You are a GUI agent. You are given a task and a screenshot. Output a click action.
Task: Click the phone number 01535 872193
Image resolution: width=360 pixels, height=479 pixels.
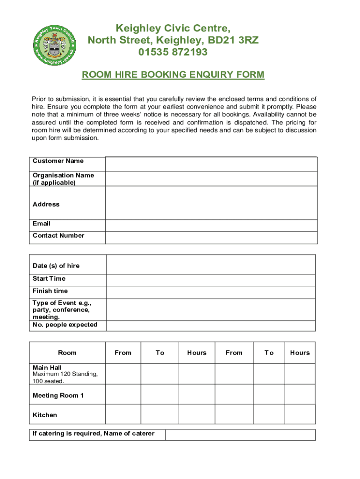(x=173, y=52)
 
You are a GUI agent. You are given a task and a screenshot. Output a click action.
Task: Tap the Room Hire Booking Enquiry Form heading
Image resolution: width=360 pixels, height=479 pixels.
(x=173, y=75)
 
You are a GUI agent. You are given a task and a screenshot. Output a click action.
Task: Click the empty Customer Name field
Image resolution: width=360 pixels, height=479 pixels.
(x=211, y=164)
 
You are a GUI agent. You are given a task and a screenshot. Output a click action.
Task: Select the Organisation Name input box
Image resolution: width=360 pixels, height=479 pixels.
(x=211, y=179)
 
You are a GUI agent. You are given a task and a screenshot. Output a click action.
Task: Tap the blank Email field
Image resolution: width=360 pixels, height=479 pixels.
(x=211, y=225)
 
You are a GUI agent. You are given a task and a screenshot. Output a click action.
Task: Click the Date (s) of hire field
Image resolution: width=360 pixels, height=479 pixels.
(x=211, y=265)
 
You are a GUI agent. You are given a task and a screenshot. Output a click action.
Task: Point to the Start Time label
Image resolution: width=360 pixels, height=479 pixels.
(x=49, y=279)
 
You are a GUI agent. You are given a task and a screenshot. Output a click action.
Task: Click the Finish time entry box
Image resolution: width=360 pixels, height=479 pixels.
(x=211, y=292)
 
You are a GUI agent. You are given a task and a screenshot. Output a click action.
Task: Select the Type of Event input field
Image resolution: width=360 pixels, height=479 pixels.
(x=211, y=309)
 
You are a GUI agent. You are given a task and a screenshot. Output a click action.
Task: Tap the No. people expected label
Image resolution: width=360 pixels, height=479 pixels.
(x=65, y=325)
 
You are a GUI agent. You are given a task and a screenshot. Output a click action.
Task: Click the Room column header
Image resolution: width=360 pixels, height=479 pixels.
(x=67, y=353)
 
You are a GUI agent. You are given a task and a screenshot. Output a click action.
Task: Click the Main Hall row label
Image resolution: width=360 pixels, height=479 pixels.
(x=47, y=368)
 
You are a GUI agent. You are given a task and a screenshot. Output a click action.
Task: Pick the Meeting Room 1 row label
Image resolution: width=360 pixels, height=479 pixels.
(x=58, y=396)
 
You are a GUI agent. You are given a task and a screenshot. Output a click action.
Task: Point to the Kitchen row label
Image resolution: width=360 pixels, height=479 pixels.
(x=45, y=415)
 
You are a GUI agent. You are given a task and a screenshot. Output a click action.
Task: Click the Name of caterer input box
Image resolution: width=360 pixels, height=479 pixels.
(x=240, y=435)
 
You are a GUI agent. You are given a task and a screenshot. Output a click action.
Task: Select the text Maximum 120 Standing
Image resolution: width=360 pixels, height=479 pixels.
(x=65, y=374)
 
